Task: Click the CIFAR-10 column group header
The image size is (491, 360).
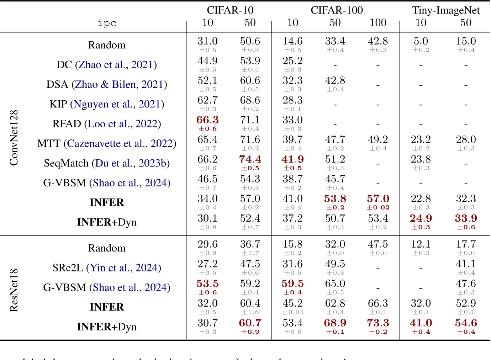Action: pyautogui.click(x=230, y=10)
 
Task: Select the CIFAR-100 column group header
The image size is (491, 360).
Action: pyautogui.click(x=337, y=10)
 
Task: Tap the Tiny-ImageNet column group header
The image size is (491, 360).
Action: pyautogui.click(x=446, y=10)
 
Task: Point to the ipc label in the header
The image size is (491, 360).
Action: pyautogui.click(x=107, y=23)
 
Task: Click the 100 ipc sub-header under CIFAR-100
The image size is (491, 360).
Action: pyautogui.click(x=378, y=23)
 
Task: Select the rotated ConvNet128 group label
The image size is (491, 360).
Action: pyautogui.click(x=14, y=138)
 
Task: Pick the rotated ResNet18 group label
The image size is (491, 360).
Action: pyautogui.click(x=14, y=290)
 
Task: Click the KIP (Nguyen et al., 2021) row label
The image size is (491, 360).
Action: pyautogui.click(x=107, y=104)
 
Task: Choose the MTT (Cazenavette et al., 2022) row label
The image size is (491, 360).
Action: pyautogui.click(x=107, y=143)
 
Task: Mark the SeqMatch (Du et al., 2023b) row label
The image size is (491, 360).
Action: pyautogui.click(x=107, y=163)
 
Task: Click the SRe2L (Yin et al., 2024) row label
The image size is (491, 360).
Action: pyautogui.click(x=107, y=268)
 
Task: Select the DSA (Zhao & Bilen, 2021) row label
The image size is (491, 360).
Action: pyautogui.click(x=107, y=84)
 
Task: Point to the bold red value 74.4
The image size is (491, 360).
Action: pyautogui.click(x=250, y=159)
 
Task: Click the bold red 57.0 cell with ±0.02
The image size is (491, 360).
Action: pyautogui.click(x=378, y=199)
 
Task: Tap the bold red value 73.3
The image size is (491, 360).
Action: pyautogui.click(x=378, y=323)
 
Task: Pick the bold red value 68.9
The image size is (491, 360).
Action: pyautogui.click(x=335, y=323)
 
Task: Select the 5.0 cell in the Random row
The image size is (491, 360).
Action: pyautogui.click(x=421, y=41)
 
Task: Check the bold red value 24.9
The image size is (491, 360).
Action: pyautogui.click(x=421, y=218)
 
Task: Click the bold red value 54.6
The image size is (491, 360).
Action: pyautogui.click(x=466, y=323)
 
